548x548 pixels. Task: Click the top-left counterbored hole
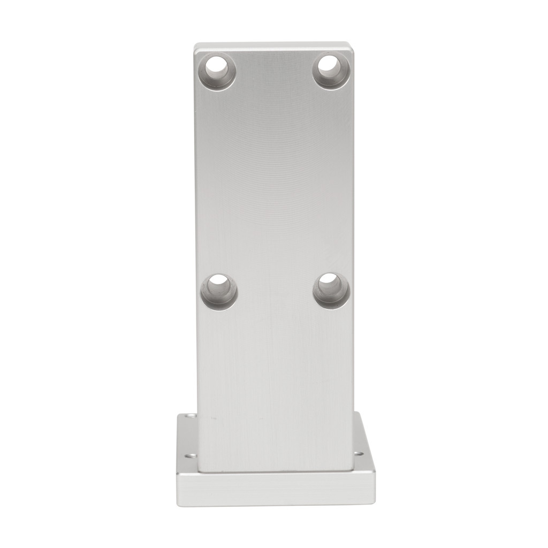[x=218, y=71]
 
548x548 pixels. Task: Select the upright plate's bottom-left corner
[x=199, y=471]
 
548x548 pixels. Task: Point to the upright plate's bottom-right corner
[x=352, y=471]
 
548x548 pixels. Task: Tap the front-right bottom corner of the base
[x=375, y=504]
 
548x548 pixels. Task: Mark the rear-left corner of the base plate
[x=179, y=413]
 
